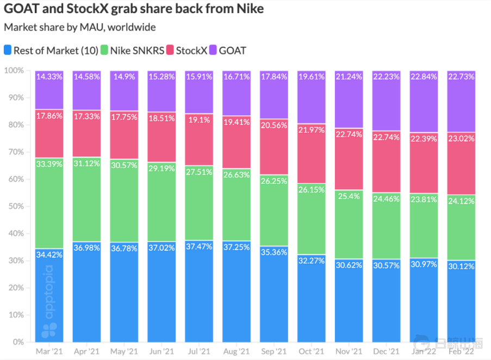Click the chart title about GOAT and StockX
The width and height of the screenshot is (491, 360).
point(134,9)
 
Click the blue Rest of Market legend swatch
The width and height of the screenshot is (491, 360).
point(8,51)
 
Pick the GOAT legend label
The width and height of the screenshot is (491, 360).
point(232,51)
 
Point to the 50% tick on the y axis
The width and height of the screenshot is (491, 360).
point(15,206)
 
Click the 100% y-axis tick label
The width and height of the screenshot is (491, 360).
point(14,71)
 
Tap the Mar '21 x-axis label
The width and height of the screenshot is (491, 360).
point(49,351)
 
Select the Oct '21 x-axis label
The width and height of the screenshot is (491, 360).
point(312,351)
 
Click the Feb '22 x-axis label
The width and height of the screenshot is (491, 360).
point(461,351)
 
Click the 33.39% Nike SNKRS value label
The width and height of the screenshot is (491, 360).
point(49,164)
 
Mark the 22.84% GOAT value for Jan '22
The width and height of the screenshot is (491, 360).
point(424,77)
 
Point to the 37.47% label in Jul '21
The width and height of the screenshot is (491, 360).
point(199,246)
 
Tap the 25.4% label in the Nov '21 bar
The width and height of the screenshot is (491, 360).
point(349,196)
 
